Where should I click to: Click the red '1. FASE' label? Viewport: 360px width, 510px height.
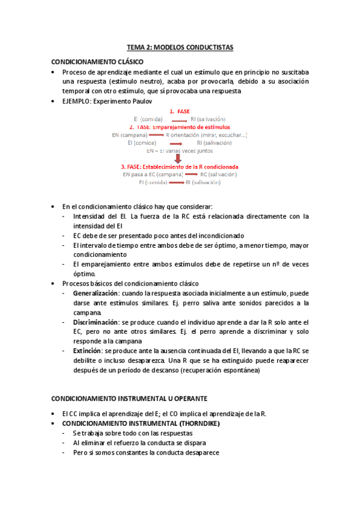pyautogui.click(x=180, y=112)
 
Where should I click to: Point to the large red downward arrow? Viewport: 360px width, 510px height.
pyautogui.click(x=178, y=158)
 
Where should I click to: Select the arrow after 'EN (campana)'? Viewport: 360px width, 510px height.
pyautogui.click(x=157, y=135)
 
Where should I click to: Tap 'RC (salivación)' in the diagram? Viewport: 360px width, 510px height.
pyautogui.click(x=218, y=174)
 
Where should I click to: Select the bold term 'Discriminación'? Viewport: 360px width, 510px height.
pyautogui.click(x=95, y=322)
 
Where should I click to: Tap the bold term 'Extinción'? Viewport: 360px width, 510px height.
pyautogui.click(x=87, y=351)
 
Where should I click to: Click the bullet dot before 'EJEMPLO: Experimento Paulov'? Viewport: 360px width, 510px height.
pyautogui.click(x=54, y=102)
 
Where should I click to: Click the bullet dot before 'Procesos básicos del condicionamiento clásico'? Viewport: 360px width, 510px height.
pyautogui.click(x=54, y=283)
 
